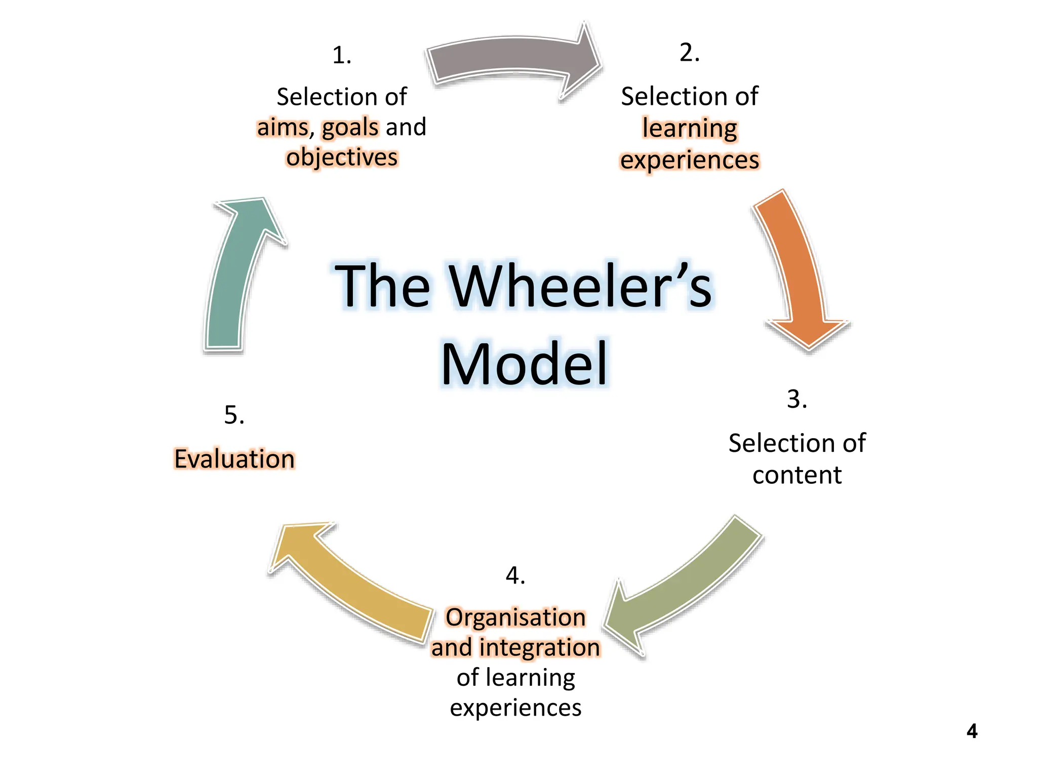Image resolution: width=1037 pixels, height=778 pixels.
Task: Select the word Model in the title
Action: tap(524, 364)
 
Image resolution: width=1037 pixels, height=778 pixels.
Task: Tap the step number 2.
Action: tap(689, 53)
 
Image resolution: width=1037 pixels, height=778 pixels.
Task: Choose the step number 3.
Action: tap(796, 399)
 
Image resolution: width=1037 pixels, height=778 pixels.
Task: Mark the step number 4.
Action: tap(515, 575)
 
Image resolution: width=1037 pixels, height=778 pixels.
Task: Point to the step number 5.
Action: tap(234, 415)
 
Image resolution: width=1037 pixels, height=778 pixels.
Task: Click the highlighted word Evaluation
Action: tap(234, 459)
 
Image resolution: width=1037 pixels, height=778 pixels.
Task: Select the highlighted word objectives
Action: tap(342, 157)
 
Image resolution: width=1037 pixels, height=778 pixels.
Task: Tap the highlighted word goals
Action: tap(350, 127)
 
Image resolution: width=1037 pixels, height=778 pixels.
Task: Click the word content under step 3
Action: tap(796, 475)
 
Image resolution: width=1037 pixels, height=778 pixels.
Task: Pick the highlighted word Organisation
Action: tap(515, 617)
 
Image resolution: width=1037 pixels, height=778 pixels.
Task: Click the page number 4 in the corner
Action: tap(971, 731)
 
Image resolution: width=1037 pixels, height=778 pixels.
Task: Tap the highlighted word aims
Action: tap(283, 127)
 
